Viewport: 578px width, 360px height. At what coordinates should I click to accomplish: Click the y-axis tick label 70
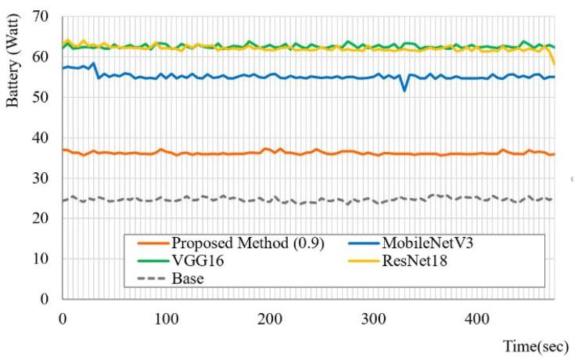pyautogui.click(x=44, y=16)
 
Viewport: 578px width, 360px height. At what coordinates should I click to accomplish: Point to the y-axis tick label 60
pyautogui.click(x=44, y=57)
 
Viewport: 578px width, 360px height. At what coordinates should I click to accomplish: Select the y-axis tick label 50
pyautogui.click(x=44, y=98)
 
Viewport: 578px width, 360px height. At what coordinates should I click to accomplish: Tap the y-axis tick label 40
pyautogui.click(x=44, y=138)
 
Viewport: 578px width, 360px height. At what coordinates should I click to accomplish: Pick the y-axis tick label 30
pyautogui.click(x=44, y=178)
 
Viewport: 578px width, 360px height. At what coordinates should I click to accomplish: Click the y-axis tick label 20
pyautogui.click(x=44, y=218)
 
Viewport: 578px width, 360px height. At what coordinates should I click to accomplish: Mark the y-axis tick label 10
pyautogui.click(x=44, y=259)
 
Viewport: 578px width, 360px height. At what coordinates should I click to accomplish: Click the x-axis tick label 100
pyautogui.click(x=166, y=319)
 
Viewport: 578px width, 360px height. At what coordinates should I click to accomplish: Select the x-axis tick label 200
pyautogui.click(x=270, y=319)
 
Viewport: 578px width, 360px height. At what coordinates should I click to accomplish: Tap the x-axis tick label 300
pyautogui.click(x=374, y=319)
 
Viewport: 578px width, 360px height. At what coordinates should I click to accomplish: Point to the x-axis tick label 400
pyautogui.click(x=477, y=319)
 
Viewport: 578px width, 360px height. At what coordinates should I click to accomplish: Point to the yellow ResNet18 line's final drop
pyautogui.click(x=554, y=63)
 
